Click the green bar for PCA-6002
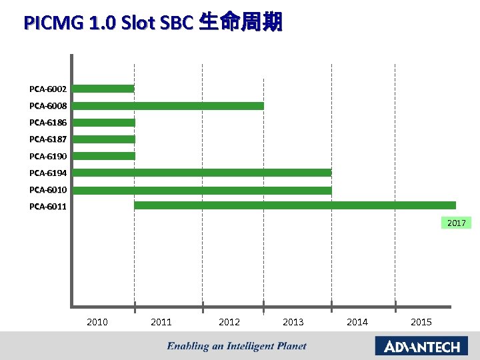(103, 89)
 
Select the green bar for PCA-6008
(168, 105)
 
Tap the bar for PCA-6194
(202, 173)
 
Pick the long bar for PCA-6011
(295, 205)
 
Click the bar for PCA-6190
(104, 156)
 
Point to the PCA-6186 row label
(48, 123)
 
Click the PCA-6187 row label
(48, 139)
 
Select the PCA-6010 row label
(48, 190)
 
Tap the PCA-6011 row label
(48, 207)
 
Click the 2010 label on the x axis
(97, 322)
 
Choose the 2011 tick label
(161, 322)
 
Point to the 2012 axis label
(229, 322)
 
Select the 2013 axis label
(293, 322)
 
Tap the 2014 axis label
(357, 322)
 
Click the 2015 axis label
(421, 322)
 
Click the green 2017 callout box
(456, 223)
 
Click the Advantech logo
(421, 346)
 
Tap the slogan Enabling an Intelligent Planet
(237, 346)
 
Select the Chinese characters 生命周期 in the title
(241, 23)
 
